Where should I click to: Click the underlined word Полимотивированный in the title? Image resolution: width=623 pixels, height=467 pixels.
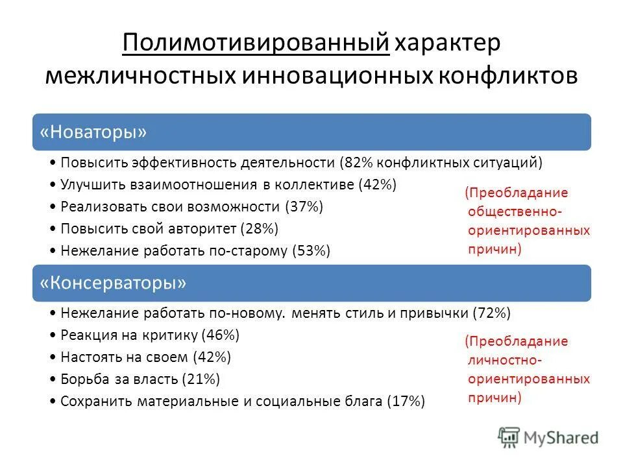255,44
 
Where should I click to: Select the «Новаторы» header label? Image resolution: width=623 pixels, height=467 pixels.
93,132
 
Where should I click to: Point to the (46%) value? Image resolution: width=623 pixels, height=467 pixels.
221,335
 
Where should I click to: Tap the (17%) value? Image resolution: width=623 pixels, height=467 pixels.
406,401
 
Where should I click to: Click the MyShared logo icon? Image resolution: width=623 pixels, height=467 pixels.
509,437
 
